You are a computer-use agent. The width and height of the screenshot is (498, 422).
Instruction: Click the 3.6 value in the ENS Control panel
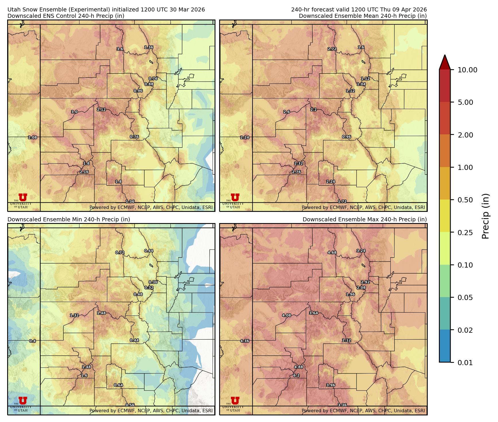120,49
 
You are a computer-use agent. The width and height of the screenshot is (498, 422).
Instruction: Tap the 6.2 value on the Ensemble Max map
296,375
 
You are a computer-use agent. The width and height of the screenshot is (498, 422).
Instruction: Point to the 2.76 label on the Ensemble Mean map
296,172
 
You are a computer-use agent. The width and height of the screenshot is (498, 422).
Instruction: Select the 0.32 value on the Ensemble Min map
149,288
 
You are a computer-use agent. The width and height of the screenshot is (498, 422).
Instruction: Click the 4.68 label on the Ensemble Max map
332,253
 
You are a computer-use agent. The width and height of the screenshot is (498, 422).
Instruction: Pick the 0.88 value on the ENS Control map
149,84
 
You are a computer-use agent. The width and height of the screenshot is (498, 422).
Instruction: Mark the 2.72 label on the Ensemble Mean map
332,49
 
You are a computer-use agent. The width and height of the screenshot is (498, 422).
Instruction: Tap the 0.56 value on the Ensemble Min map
130,405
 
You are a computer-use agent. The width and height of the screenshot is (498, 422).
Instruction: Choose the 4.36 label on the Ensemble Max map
245,341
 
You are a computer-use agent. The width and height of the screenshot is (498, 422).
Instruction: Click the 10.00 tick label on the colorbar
467,70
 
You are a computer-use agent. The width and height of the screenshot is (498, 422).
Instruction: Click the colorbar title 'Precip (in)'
485,216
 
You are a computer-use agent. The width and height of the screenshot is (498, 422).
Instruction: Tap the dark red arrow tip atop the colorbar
445,61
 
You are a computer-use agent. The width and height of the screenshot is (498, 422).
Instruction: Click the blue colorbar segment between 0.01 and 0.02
445,346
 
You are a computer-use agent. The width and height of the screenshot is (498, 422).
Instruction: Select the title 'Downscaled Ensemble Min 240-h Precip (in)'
69,219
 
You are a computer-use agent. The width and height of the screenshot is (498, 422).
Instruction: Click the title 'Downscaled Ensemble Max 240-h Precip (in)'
365,219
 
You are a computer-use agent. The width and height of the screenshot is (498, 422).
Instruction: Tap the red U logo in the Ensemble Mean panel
235,198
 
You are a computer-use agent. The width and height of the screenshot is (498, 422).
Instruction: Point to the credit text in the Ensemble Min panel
151,411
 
